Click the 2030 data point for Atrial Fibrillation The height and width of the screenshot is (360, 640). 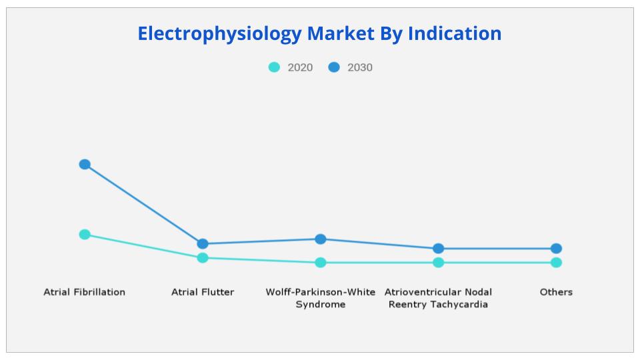(x=85, y=164)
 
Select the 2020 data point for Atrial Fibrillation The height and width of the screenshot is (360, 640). (x=85, y=234)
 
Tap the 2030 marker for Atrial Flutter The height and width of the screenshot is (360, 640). (x=203, y=244)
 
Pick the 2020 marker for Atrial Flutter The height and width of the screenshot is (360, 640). (x=203, y=257)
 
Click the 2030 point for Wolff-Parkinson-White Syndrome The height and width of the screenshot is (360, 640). (x=321, y=239)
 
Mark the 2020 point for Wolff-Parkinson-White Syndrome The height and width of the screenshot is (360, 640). (x=321, y=262)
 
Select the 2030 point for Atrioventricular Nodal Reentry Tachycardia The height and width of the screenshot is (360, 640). (x=438, y=248)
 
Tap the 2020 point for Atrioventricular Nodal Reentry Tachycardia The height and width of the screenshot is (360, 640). (x=438, y=262)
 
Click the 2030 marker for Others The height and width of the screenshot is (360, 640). (x=556, y=248)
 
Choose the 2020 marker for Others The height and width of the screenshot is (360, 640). (x=556, y=262)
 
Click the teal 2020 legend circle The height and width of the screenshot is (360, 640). (x=274, y=67)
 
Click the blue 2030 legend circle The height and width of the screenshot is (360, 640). (x=334, y=67)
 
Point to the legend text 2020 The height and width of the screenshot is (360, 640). (x=300, y=67)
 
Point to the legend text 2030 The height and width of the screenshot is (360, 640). (x=360, y=67)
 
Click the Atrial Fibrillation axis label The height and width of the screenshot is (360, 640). (x=85, y=292)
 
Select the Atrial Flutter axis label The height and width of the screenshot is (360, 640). (x=203, y=292)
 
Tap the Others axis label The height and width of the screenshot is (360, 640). (x=556, y=292)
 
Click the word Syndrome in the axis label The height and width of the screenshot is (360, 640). (x=321, y=305)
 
